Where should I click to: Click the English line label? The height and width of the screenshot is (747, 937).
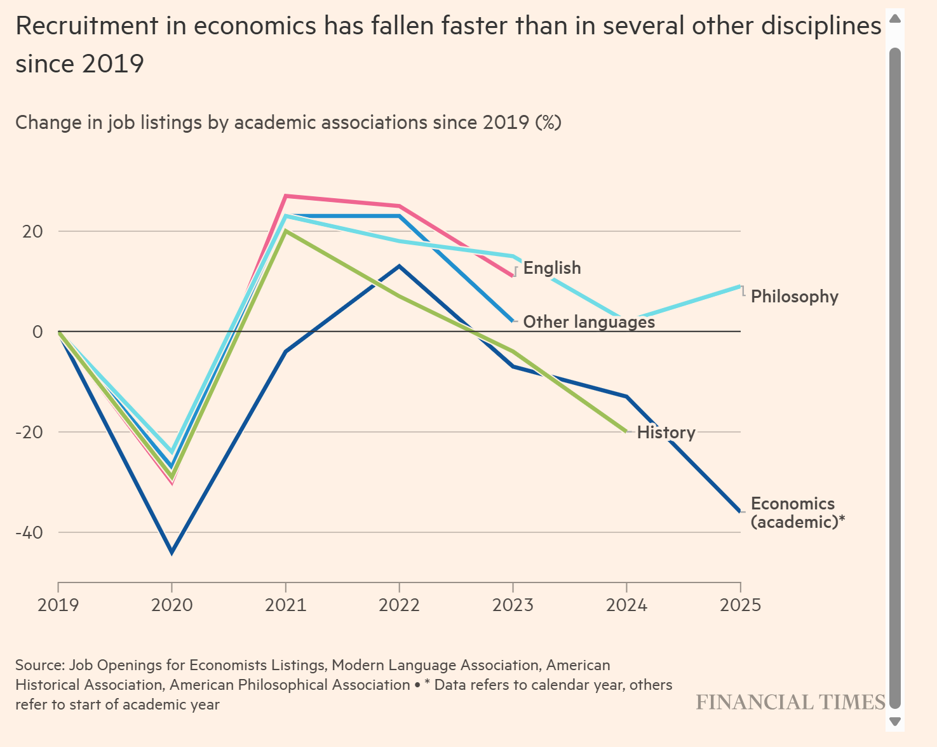(551, 268)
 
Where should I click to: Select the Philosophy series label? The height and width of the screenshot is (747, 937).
(794, 297)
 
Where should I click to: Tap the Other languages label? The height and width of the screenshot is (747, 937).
(588, 322)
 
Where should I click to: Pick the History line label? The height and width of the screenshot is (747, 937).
(666, 433)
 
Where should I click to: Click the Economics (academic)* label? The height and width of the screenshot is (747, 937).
(797, 513)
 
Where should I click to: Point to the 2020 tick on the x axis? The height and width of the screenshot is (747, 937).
(172, 604)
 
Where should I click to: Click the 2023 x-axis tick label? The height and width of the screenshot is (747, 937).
(513, 604)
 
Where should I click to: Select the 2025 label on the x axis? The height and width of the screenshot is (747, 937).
(740, 604)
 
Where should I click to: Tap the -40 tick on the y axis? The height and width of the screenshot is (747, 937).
(29, 532)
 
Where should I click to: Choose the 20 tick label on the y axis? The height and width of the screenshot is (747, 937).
(32, 231)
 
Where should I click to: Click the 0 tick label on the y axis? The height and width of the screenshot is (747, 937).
(37, 332)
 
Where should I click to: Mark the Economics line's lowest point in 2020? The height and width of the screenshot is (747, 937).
(172, 552)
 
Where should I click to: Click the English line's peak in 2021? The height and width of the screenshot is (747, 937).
(286, 196)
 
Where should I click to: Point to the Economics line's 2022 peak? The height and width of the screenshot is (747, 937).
(399, 266)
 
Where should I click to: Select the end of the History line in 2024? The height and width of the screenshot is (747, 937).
(626, 432)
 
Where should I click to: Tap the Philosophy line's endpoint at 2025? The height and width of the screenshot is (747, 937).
(739, 286)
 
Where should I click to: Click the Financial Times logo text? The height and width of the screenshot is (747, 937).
(790, 702)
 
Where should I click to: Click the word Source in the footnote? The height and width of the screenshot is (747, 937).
(39, 665)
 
